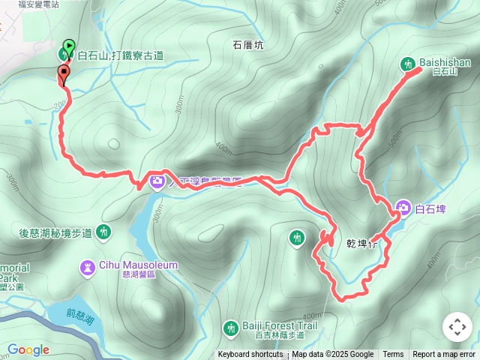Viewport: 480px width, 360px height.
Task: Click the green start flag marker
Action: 69,46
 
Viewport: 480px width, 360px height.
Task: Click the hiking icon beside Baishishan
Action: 409,64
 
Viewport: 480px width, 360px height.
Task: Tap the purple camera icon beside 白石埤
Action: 403,208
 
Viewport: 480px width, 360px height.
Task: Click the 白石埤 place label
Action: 430,208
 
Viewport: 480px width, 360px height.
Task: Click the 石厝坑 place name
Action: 248,45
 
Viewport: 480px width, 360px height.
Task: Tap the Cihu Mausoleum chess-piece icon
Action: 88,265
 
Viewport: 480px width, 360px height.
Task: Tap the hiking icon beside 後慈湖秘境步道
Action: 103,232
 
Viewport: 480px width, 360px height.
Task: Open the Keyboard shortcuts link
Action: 250,355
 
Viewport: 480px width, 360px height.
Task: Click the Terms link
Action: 393,355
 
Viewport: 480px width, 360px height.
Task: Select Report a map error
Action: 444,355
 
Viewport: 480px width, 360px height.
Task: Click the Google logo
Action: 28,349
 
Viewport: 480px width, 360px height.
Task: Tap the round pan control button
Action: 457,327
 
